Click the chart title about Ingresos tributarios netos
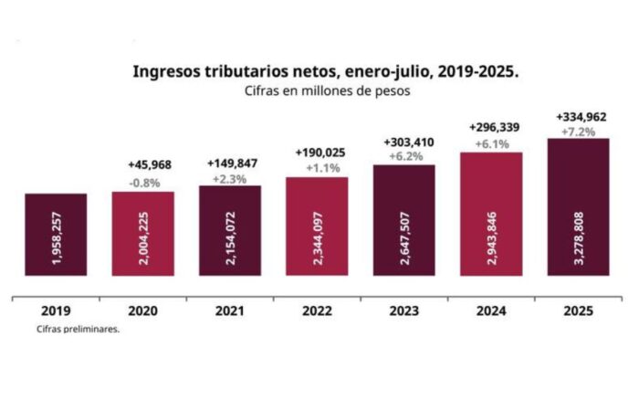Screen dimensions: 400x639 click(x=326, y=70)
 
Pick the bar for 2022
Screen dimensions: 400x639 click(x=317, y=226)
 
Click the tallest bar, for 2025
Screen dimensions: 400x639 click(x=578, y=205)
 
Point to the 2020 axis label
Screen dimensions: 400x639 click(x=143, y=311)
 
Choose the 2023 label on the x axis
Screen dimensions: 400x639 click(x=403, y=311)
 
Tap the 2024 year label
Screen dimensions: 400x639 click(x=490, y=311)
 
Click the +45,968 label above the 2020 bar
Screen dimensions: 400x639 click(x=143, y=165)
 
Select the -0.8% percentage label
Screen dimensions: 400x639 click(x=143, y=182)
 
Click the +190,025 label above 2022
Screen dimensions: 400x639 click(x=317, y=152)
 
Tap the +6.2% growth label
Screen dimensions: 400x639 click(x=403, y=157)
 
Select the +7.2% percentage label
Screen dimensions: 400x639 click(x=578, y=132)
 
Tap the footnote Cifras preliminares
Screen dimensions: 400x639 click(x=79, y=330)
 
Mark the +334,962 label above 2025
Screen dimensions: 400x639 click(x=578, y=116)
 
